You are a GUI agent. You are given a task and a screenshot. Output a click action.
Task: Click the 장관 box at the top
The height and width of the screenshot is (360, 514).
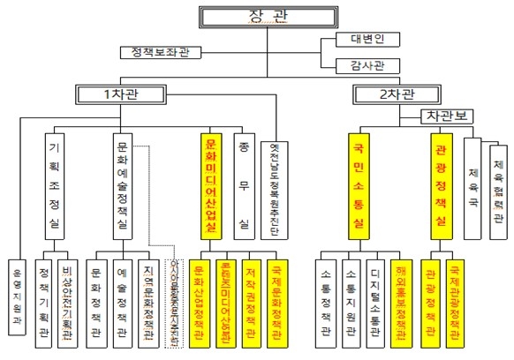coord(255,17)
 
